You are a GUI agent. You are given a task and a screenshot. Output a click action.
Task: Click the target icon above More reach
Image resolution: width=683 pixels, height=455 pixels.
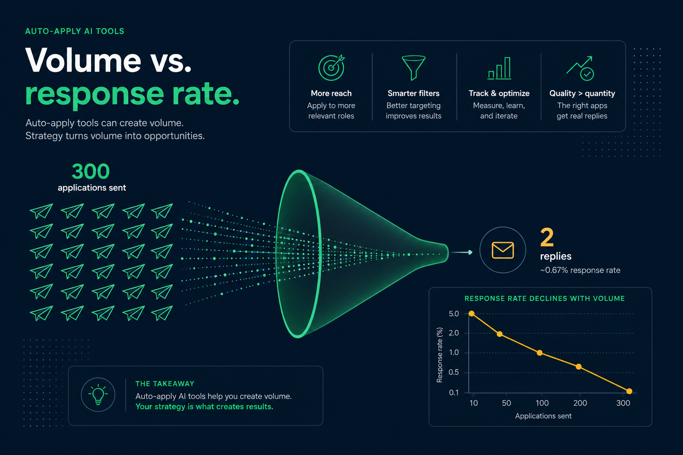331,68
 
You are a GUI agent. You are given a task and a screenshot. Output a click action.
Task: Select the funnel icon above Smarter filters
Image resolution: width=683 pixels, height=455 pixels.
414,68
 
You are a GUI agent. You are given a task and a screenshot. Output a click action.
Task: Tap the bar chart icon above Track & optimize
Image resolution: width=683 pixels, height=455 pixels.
499,68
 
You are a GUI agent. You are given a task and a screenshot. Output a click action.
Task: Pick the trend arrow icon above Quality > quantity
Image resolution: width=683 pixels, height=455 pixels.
580,68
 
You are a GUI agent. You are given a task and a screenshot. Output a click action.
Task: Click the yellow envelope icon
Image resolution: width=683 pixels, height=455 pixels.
503,250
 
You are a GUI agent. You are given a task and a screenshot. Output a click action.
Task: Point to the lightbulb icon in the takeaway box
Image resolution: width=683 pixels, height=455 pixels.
98,395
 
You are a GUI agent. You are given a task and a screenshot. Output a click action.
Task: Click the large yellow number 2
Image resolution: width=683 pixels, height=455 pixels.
546,237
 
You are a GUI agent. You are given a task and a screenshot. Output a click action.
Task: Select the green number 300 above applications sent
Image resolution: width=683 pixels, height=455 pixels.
91,171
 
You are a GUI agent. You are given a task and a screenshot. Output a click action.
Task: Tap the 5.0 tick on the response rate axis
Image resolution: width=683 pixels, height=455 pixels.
454,314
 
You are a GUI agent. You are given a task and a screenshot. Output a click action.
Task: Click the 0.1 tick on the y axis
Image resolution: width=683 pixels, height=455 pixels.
454,392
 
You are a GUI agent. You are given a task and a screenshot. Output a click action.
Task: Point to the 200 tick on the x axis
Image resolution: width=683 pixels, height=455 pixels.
580,403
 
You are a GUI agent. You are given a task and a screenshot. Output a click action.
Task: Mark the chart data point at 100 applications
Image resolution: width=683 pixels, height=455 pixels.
539,353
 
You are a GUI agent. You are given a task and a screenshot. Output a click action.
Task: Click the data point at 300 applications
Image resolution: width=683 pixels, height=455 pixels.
629,391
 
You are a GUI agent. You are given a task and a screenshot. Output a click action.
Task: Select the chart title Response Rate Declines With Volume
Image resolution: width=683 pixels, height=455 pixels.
545,299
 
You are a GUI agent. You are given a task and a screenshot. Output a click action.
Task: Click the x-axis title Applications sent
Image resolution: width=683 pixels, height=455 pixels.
543,416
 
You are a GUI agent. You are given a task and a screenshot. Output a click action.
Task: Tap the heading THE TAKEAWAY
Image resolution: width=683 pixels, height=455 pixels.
165,384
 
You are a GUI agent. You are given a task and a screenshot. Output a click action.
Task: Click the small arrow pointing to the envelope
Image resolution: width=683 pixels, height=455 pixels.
462,252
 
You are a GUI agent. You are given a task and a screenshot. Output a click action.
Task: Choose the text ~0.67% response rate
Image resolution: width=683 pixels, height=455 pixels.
580,270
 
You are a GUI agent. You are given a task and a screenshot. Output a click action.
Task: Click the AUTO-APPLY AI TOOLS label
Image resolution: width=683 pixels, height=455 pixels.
75,32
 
